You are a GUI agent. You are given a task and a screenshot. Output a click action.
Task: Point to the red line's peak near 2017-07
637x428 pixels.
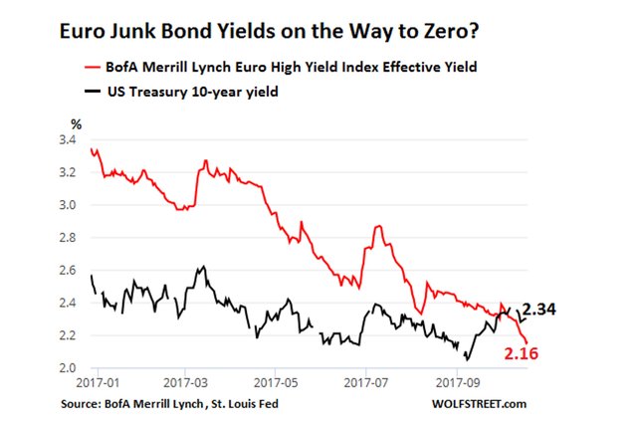coord(377,227)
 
